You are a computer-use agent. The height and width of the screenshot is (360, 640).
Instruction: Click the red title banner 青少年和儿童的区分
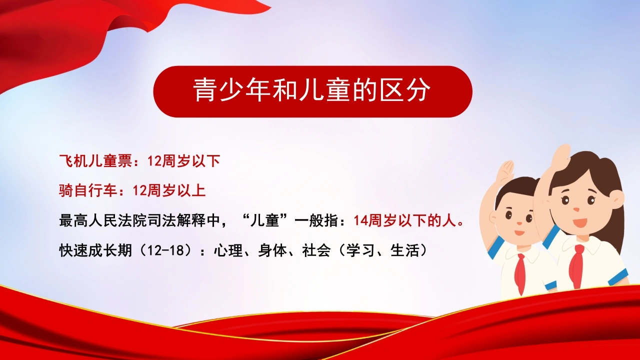[x=312, y=91]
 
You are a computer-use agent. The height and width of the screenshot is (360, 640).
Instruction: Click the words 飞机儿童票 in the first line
[x=95, y=161]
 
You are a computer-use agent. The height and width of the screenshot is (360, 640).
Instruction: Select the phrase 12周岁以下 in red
[x=183, y=161]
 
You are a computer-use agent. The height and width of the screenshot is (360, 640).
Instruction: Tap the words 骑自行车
[x=88, y=190]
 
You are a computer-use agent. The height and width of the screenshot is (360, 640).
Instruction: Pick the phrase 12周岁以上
[x=169, y=190]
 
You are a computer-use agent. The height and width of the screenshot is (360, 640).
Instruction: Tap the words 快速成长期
[x=95, y=250]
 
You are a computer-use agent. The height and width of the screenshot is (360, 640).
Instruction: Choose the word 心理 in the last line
[x=228, y=250]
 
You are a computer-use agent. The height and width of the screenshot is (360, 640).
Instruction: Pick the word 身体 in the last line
[x=272, y=250]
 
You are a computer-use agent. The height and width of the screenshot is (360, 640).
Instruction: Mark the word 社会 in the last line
[x=316, y=250]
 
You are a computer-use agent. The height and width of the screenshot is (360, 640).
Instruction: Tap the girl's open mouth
[x=579, y=222]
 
